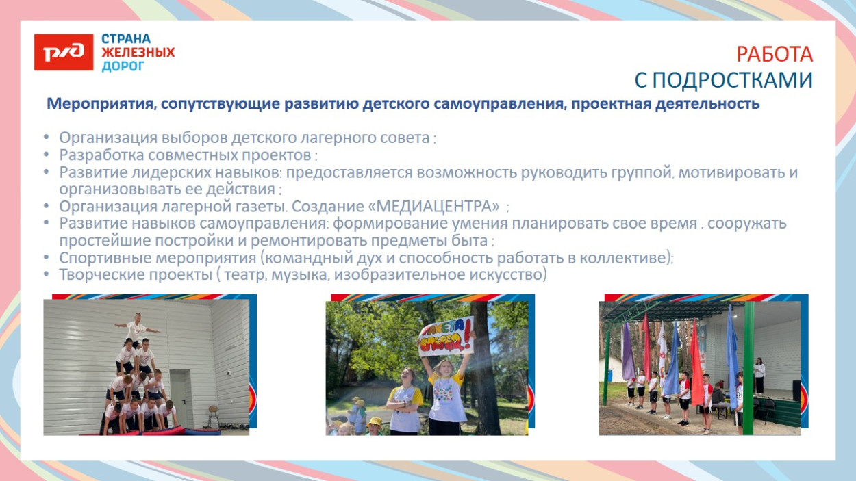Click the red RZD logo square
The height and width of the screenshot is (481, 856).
click(x=64, y=52)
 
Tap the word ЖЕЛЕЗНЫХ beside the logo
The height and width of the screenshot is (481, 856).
click(x=138, y=52)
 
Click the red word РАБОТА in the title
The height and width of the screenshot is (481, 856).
click(x=775, y=54)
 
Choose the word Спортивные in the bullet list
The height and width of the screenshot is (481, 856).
click(x=98, y=257)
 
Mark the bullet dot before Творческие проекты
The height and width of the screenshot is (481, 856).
click(x=46, y=275)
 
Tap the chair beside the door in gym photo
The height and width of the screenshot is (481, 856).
click(x=214, y=414)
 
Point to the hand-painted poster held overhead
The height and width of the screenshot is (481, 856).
click(x=445, y=335)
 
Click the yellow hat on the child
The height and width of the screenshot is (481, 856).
click(x=374, y=422)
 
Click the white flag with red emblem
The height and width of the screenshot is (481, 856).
click(x=662, y=346)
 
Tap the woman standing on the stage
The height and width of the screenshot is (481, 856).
click(x=759, y=375)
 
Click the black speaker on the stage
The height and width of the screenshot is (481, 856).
click(x=796, y=390)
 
